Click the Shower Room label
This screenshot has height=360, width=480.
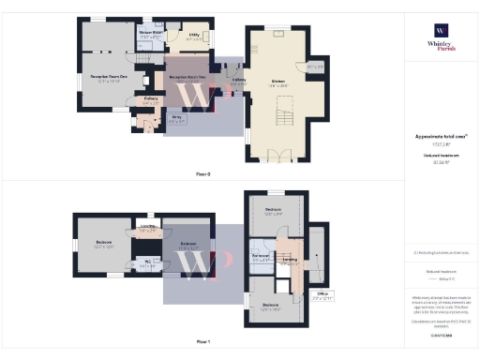coord(151,34)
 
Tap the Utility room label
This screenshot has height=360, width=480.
coord(192,37)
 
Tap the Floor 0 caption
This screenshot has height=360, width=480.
coord(202,174)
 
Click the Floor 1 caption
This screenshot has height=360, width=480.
coord(202,342)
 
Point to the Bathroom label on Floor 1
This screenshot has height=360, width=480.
coord(262,256)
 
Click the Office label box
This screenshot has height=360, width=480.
coord(323,295)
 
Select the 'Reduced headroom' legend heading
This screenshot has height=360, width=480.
coord(440,270)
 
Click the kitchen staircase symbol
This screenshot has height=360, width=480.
coord(282,116)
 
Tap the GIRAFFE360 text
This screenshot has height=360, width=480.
coord(440,333)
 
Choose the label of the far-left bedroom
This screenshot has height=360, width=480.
coord(102,244)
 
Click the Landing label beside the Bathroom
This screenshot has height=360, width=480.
coord(290,260)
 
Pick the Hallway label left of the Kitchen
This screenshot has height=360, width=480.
coord(239,82)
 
